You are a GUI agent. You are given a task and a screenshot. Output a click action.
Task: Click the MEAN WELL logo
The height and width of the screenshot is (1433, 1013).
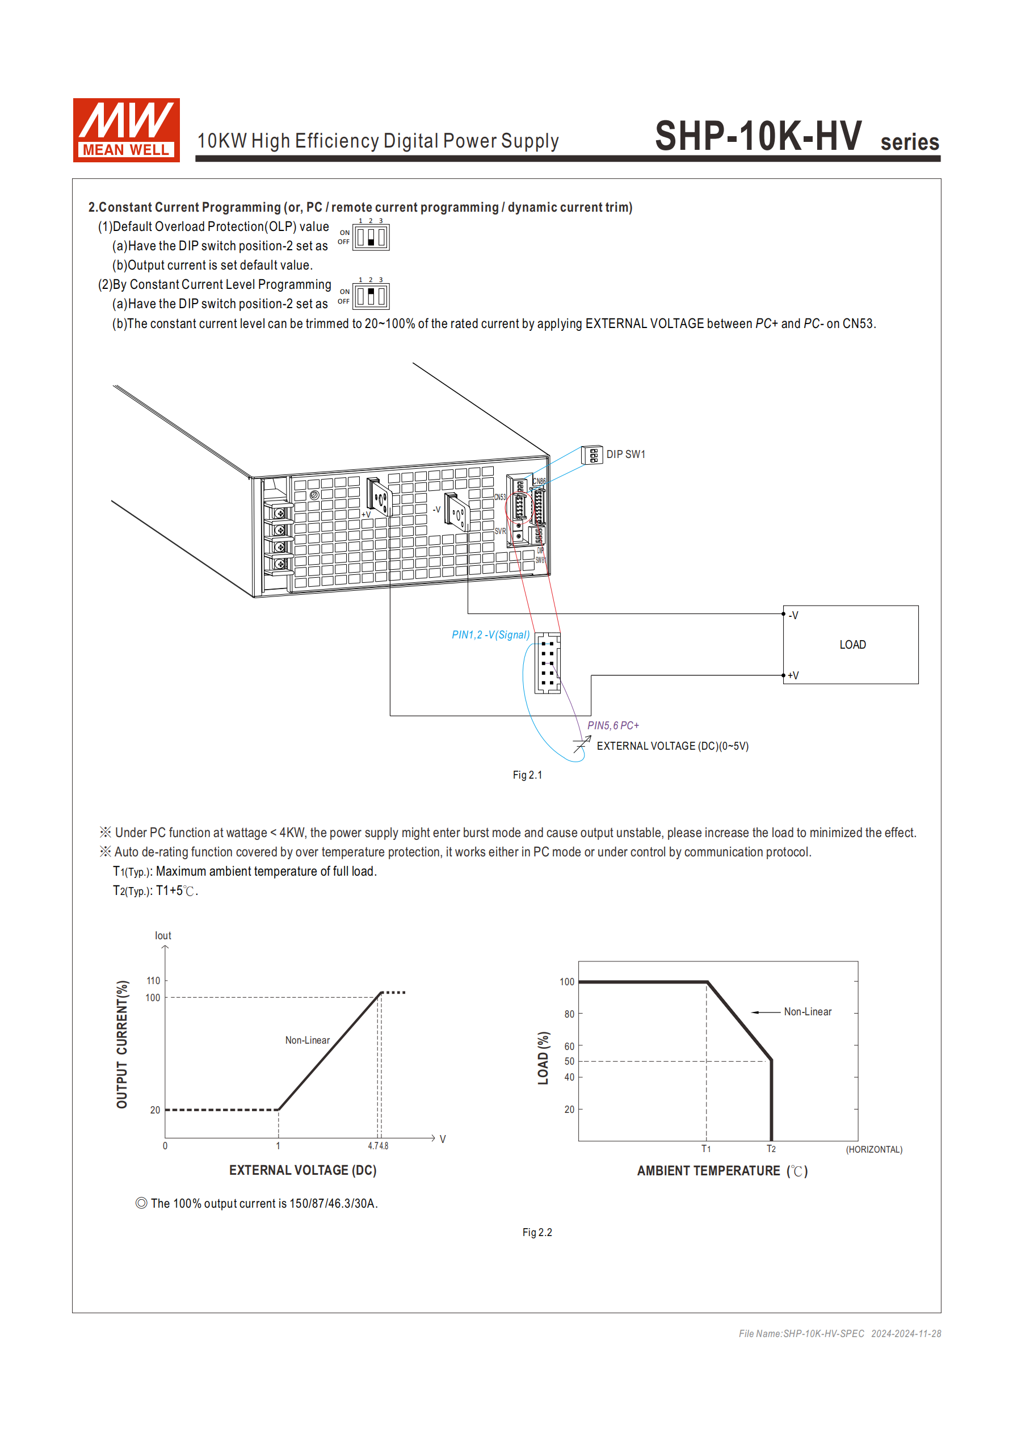point(126,130)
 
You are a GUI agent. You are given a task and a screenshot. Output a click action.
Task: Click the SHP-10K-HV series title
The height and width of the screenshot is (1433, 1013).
point(796,136)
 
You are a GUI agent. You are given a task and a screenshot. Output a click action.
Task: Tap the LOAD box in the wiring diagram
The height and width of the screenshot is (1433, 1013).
point(851,645)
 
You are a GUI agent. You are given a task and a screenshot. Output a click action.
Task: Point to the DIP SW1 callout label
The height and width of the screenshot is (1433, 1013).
point(625,455)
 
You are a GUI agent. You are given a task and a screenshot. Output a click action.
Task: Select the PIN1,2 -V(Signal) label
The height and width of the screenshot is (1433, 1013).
point(490,634)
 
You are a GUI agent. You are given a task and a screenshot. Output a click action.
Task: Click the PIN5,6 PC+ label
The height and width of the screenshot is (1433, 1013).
point(613,725)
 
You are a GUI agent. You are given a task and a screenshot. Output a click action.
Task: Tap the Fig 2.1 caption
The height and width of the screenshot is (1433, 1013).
point(527,775)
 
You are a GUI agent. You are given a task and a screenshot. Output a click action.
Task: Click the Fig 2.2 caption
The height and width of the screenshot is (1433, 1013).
point(537,1232)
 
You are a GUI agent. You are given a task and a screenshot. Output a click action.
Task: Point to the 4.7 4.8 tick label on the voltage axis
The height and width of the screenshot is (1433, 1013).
point(377,1146)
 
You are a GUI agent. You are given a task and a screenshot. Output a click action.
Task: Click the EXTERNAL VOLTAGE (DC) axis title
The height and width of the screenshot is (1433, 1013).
point(302,1170)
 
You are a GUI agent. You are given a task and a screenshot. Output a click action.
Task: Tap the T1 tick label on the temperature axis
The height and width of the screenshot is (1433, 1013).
point(706,1149)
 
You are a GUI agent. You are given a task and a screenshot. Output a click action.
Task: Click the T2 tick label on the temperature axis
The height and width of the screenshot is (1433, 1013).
point(771,1149)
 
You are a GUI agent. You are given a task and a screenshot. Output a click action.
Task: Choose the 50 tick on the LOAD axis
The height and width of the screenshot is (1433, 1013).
point(569,1061)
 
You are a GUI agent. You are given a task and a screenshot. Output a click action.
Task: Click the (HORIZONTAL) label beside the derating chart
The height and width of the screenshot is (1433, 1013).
point(874,1150)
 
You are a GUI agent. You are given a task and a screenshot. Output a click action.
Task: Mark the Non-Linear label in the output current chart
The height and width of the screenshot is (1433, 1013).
point(307,1040)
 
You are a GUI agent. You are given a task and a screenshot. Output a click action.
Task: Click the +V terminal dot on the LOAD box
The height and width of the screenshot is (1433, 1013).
point(783,675)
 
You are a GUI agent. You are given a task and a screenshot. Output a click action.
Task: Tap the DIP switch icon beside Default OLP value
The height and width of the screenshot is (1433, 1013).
point(371,238)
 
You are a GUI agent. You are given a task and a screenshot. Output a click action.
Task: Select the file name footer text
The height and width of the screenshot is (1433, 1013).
point(839,1333)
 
